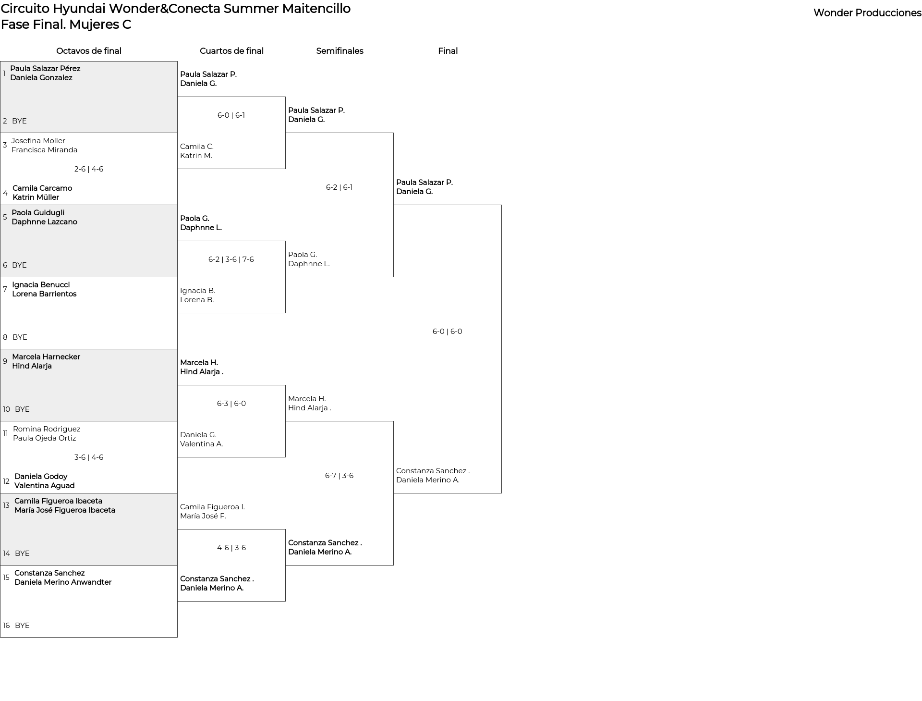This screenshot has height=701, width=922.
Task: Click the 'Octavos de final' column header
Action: click(x=89, y=51)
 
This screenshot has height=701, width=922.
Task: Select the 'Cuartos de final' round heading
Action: click(x=231, y=51)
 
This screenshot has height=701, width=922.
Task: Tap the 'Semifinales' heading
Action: click(x=340, y=51)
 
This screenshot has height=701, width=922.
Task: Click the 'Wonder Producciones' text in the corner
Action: click(x=867, y=13)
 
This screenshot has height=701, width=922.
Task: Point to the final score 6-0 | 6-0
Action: click(x=448, y=332)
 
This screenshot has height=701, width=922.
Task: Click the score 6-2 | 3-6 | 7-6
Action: click(x=231, y=259)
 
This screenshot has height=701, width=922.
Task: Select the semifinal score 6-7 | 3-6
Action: click(x=339, y=476)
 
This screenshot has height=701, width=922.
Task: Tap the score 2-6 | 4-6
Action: click(x=89, y=169)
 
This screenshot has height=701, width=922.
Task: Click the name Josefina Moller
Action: click(x=38, y=141)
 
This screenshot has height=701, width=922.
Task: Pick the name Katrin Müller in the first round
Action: click(x=36, y=197)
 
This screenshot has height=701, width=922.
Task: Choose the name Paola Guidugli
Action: click(x=38, y=213)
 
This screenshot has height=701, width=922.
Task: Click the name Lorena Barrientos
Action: click(x=44, y=294)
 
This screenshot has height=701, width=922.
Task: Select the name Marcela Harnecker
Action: click(x=46, y=357)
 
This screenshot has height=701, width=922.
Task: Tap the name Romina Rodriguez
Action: click(x=47, y=429)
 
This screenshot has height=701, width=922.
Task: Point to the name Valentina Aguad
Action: click(x=45, y=486)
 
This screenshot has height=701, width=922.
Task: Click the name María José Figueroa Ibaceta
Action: click(x=65, y=510)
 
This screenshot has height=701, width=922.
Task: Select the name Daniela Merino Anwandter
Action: click(x=63, y=582)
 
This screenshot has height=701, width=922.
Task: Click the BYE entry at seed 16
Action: click(x=22, y=626)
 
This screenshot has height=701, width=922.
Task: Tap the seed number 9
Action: click(x=5, y=361)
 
